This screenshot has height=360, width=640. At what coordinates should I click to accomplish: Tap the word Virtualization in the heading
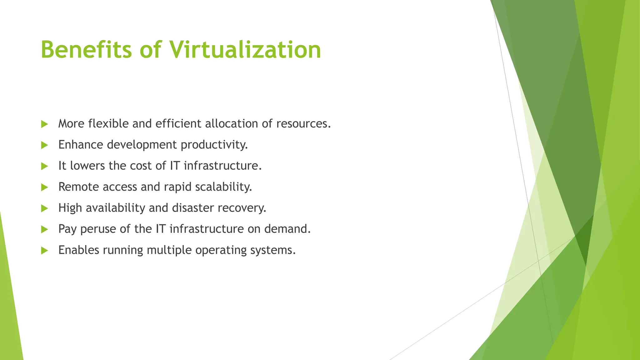245,50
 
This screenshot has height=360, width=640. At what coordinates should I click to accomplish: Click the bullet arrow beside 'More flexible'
44,124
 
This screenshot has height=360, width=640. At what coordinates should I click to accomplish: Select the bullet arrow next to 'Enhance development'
44,145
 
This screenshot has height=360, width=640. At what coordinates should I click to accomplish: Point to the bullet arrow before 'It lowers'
44,166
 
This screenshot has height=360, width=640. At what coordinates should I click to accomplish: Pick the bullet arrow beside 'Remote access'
44,187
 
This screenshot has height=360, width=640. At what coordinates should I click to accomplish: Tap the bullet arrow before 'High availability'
44,208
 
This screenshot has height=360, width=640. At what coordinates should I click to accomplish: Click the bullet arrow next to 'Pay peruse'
44,229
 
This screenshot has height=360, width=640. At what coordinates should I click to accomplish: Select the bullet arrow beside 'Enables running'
44,250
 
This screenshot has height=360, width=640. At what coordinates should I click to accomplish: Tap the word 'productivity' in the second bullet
214,145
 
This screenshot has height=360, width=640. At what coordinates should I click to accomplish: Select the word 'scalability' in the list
223,187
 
